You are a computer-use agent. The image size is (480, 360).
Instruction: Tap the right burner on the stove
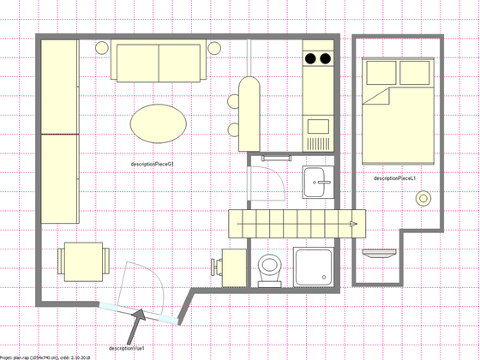point(325,59)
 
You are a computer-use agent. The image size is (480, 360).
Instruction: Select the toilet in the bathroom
point(269,267)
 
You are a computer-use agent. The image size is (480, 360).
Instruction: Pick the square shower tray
point(315,267)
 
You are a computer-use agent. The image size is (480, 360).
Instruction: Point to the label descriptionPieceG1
point(153,164)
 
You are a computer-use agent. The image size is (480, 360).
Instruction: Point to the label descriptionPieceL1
point(395,178)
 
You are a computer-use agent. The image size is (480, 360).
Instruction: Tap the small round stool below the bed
point(423,198)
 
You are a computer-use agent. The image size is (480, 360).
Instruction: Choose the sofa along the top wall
point(159,61)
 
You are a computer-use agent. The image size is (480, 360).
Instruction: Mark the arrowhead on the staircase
point(352,224)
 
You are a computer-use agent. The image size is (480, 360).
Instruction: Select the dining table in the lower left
point(83,261)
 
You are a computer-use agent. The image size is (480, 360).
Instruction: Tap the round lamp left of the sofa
point(100,48)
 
